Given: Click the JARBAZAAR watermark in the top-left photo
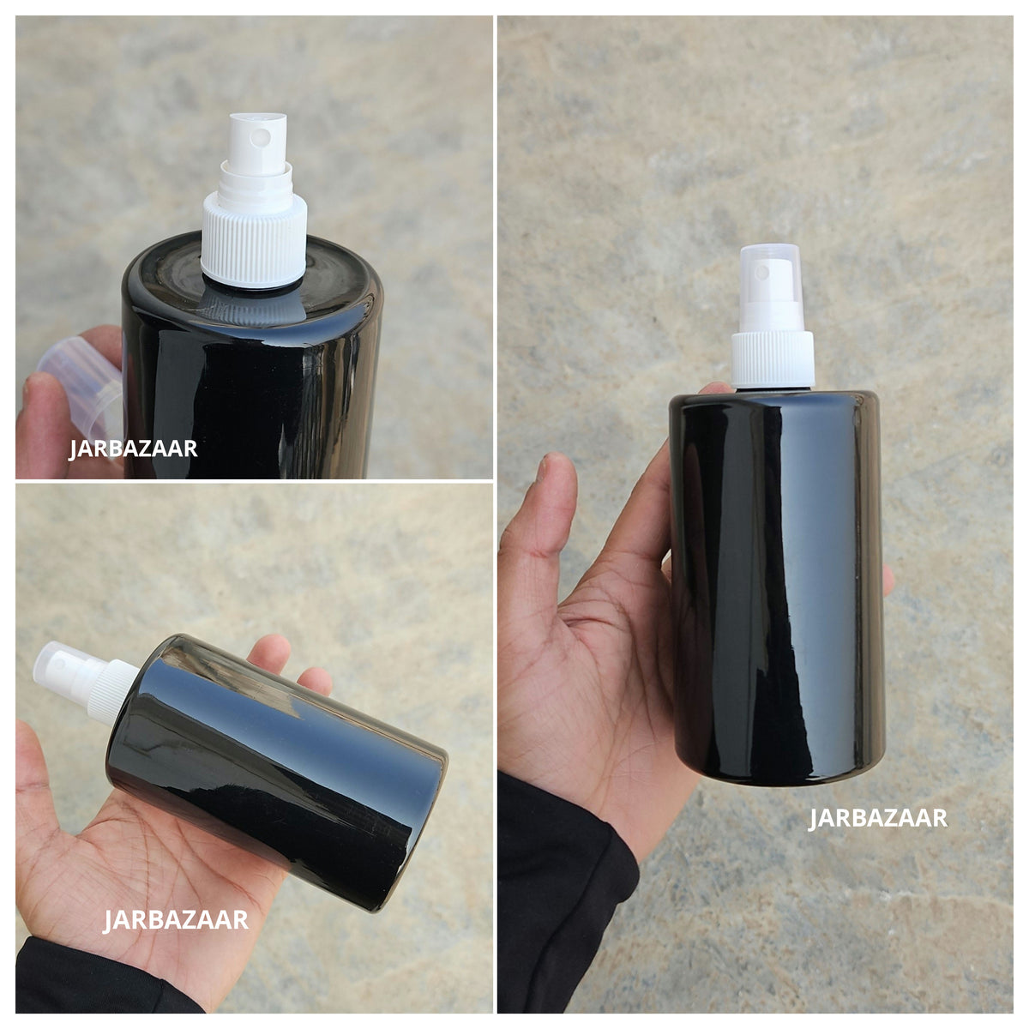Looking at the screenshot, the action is (x=133, y=448).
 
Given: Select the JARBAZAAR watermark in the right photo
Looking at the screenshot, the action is (x=878, y=819).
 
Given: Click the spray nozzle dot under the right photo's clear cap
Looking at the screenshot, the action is (x=763, y=274).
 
